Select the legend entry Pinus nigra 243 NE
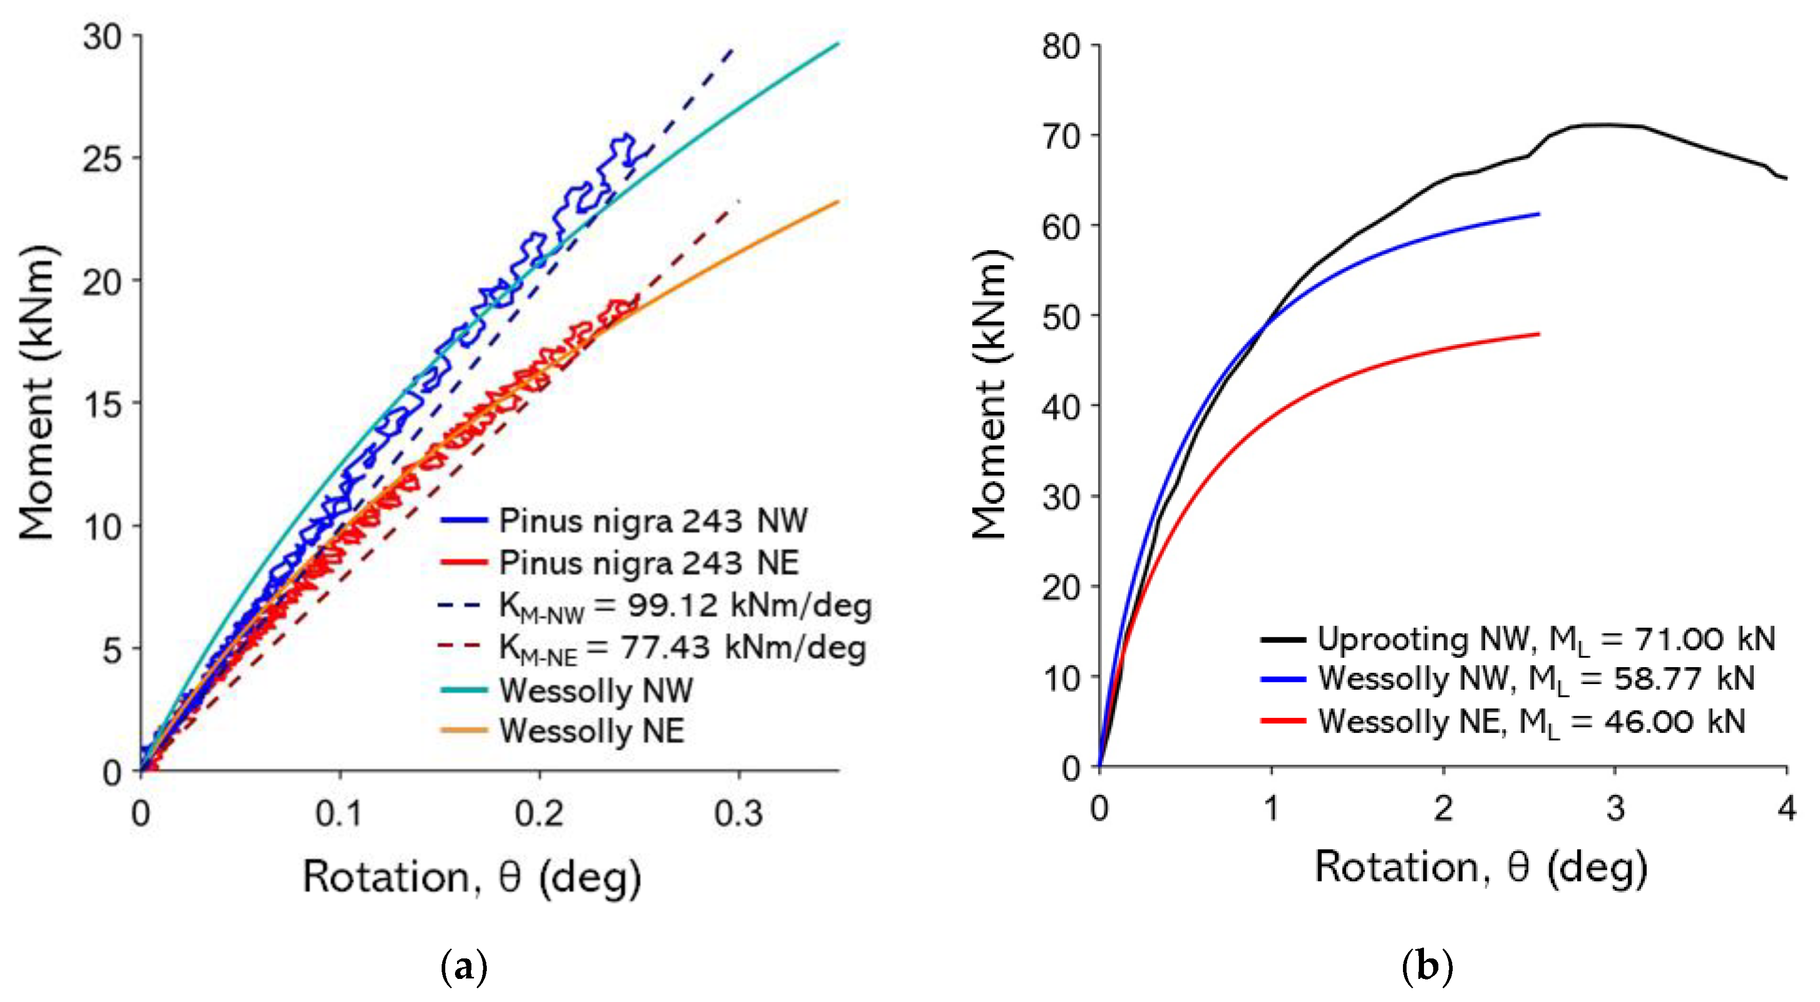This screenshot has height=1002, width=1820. pos(648,563)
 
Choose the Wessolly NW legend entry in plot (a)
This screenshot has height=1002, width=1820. pos(596,690)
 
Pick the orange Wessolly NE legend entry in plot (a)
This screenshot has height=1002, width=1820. pos(591,730)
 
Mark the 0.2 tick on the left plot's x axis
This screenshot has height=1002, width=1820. pos(539,814)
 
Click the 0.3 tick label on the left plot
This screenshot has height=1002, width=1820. pos(738,814)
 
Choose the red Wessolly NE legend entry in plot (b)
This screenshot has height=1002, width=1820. pos(1409,721)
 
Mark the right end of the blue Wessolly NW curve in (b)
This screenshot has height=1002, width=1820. pos(1537,213)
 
